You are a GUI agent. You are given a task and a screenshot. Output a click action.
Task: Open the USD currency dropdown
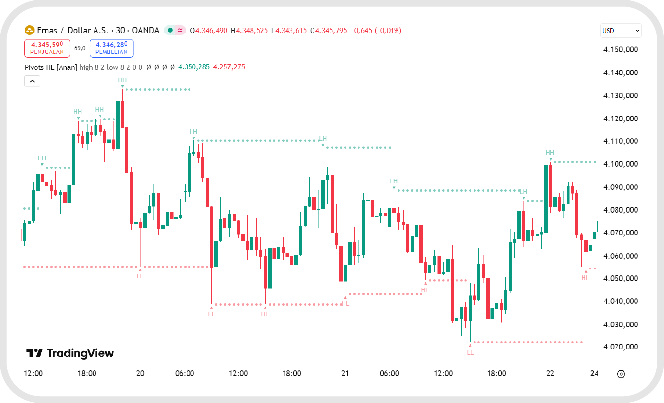click(620, 31)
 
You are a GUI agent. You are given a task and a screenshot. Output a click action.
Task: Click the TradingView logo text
click(70, 353)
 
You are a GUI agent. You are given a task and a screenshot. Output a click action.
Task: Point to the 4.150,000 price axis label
click(620, 50)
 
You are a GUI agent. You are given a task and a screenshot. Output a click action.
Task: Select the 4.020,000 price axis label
click(620, 347)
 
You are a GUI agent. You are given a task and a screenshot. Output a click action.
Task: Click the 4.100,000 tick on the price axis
click(620, 164)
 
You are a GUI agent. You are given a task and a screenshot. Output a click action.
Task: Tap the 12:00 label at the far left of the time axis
click(33, 373)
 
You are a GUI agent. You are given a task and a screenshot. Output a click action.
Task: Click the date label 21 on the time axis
click(345, 373)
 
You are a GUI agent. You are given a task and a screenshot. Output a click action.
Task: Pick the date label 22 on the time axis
click(550, 373)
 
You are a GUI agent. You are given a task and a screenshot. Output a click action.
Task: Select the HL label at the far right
click(585, 278)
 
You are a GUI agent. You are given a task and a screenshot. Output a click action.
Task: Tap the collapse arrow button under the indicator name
click(32, 81)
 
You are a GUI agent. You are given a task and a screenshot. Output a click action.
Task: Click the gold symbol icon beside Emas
click(29, 31)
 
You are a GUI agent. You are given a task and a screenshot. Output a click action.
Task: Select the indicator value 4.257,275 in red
click(229, 67)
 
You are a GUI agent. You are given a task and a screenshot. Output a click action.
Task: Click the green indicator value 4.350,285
click(194, 67)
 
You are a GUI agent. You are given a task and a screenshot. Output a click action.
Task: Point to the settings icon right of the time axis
click(620, 374)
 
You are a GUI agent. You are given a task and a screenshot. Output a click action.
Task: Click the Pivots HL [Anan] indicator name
click(51, 67)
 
